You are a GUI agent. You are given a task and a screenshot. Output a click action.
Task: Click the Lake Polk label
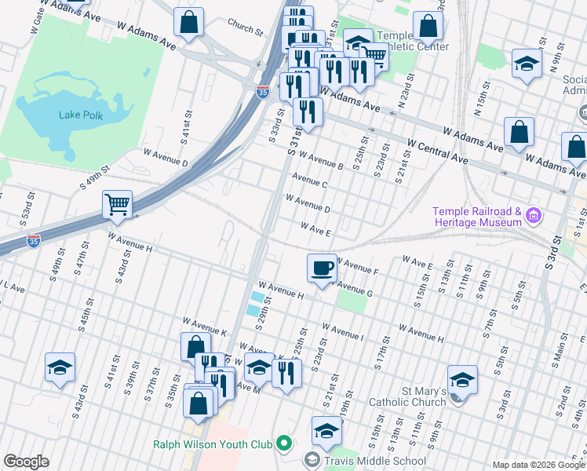tap(81, 115)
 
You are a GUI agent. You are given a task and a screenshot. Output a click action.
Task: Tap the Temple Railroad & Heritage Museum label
tap(476, 217)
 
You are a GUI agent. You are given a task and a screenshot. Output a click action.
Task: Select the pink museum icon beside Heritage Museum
tap(534, 214)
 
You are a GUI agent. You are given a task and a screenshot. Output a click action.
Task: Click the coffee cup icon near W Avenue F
tap(321, 268)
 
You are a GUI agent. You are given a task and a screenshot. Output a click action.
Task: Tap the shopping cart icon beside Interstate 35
tap(117, 204)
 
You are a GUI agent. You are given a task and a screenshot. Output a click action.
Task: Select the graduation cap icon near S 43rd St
tap(60, 367)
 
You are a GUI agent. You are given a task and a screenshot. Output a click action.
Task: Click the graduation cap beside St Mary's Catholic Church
tap(463, 380)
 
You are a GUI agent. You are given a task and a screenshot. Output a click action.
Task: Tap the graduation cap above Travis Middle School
tap(326, 430)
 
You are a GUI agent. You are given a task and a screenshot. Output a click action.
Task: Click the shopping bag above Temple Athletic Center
tap(428, 26)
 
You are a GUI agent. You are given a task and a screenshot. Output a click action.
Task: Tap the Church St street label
tap(245, 30)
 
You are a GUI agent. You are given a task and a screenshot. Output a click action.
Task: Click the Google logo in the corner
tap(26, 462)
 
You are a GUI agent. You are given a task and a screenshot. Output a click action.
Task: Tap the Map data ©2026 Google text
tap(538, 465)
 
